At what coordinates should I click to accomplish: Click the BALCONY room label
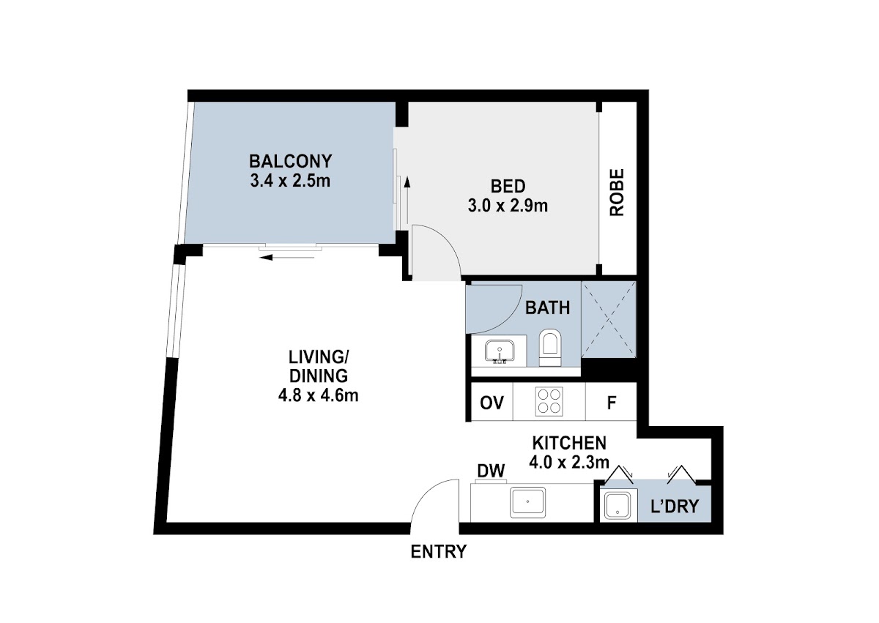pyautogui.click(x=290, y=161)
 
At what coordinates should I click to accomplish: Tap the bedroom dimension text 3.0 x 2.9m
pyautogui.click(x=508, y=206)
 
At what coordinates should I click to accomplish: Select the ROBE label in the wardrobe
pyautogui.click(x=617, y=192)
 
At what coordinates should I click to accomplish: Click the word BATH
pyautogui.click(x=547, y=307)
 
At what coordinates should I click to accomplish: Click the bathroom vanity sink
pyautogui.click(x=500, y=351)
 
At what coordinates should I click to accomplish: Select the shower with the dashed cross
pyautogui.click(x=609, y=319)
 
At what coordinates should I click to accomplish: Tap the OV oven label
pyautogui.click(x=492, y=403)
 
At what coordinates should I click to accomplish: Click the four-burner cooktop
pyautogui.click(x=549, y=401)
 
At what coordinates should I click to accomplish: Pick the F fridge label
pyautogui.click(x=612, y=403)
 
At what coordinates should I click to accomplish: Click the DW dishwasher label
pyautogui.click(x=491, y=471)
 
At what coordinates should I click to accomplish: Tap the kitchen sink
pyautogui.click(x=528, y=502)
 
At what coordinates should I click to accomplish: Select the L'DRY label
pyautogui.click(x=675, y=507)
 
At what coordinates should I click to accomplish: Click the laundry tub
pyautogui.click(x=617, y=506)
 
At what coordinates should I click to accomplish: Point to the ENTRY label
pyautogui.click(x=438, y=552)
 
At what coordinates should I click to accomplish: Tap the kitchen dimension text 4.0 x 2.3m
pyautogui.click(x=569, y=463)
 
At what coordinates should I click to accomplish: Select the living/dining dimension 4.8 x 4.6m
pyautogui.click(x=318, y=395)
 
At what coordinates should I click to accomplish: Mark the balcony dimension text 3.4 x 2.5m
pyautogui.click(x=290, y=181)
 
